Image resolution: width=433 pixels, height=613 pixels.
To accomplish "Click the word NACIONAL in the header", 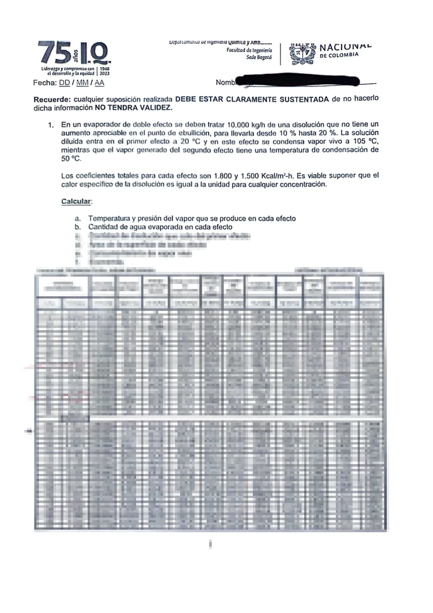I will pyautogui.click(x=345, y=47).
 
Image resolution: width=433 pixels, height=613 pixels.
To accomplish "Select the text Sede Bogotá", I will pyautogui.click(x=259, y=58).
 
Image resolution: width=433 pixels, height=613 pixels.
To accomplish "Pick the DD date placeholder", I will pyautogui.click(x=64, y=83).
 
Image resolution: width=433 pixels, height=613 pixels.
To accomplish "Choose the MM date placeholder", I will pyautogui.click(x=82, y=83).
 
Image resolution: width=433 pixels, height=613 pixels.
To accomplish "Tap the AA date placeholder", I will pyautogui.click(x=99, y=83).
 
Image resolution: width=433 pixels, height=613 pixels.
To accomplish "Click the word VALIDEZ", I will pyautogui.click(x=154, y=108).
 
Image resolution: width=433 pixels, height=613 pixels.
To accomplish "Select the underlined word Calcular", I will pyautogui.click(x=76, y=201).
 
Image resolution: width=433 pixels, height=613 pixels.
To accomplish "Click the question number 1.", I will pyautogui.click(x=51, y=125).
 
